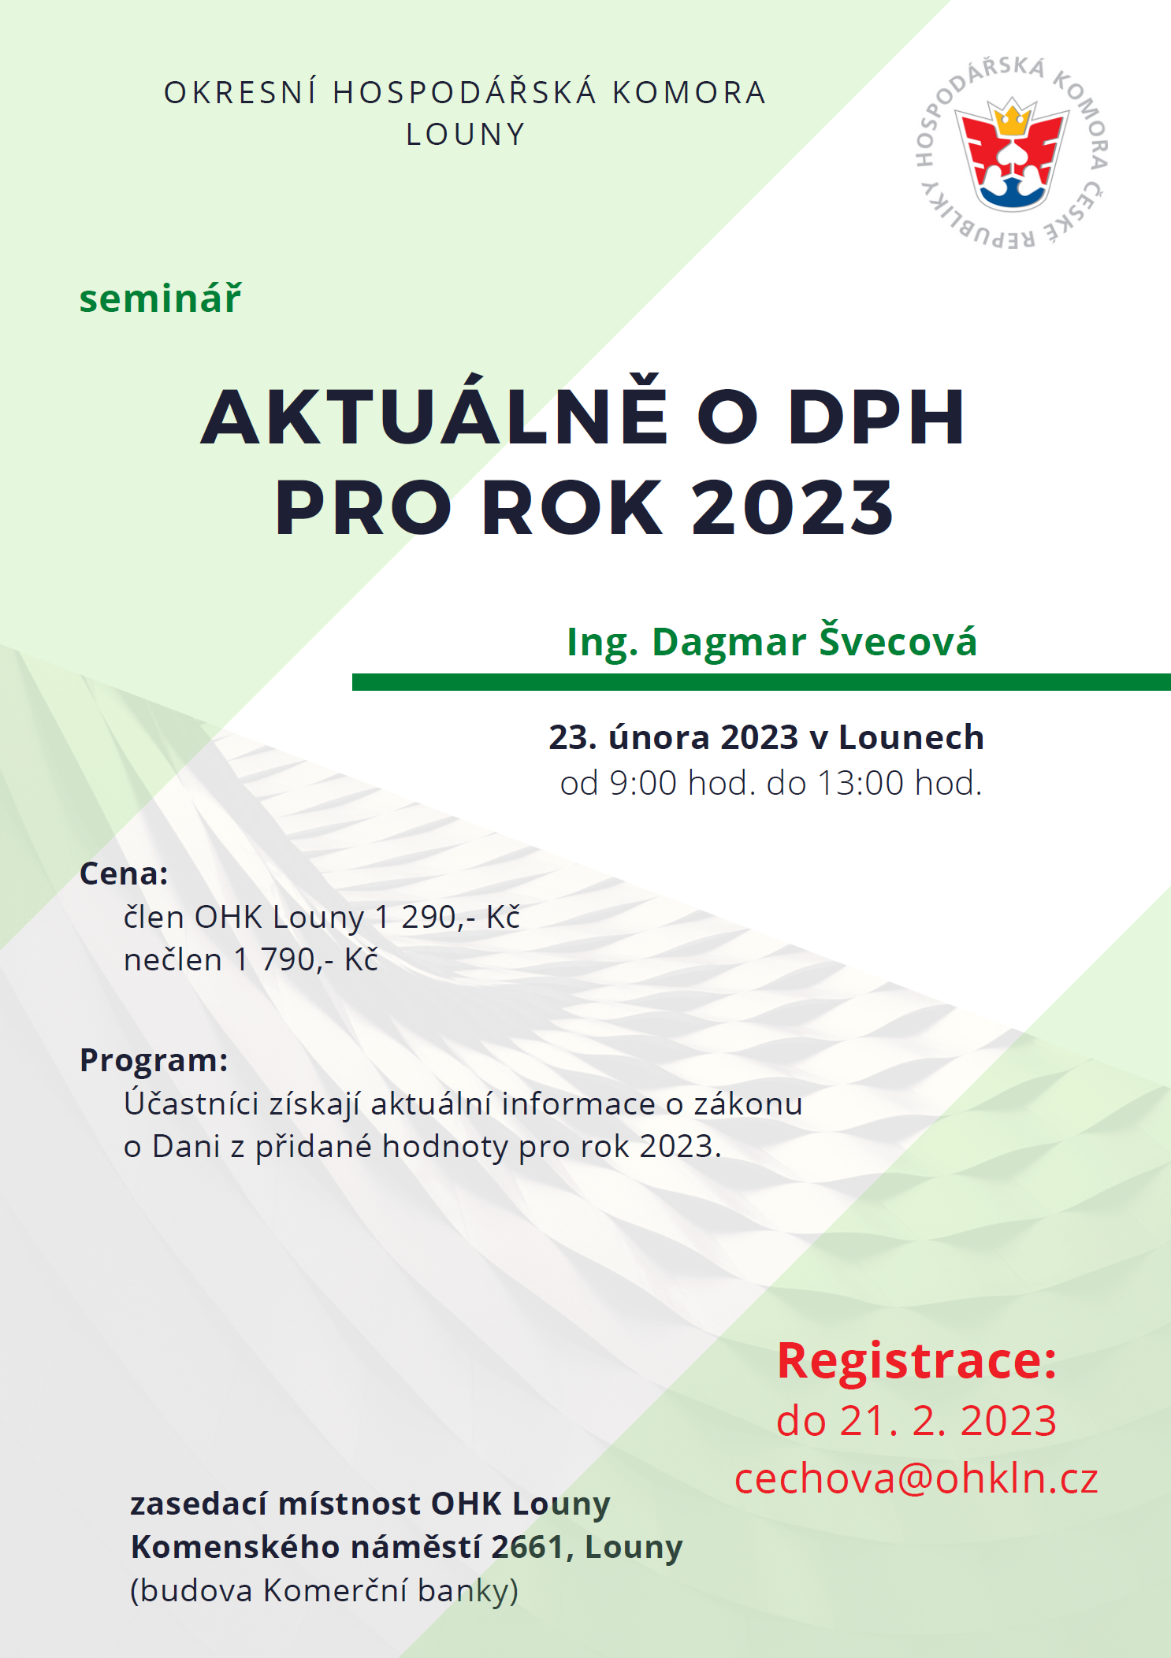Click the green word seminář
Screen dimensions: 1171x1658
tap(160, 299)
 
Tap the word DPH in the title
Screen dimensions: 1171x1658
tap(876, 417)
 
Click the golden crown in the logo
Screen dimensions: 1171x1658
tap(1012, 119)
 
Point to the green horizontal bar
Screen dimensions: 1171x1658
tap(761, 682)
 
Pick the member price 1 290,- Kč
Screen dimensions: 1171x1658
tap(448, 917)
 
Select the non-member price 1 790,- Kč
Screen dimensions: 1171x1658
tap(306, 959)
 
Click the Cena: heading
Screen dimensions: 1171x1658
tap(124, 874)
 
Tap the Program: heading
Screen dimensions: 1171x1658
tap(154, 1060)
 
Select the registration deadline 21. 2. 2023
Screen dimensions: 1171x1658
tap(948, 1421)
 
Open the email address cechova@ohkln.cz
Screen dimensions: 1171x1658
tap(916, 1478)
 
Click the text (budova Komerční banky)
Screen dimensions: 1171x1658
tap(324, 1590)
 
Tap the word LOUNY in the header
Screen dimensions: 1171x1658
tap(466, 135)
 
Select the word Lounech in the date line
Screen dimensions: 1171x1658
tap(911, 737)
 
